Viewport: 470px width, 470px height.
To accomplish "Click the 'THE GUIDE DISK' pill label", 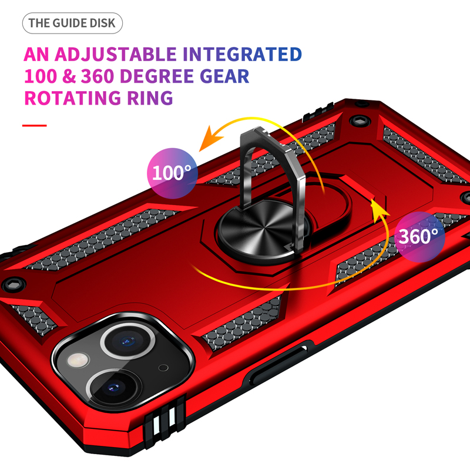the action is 72,23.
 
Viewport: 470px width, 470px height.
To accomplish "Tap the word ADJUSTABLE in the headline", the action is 115,54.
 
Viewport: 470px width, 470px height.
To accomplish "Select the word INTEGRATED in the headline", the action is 242,54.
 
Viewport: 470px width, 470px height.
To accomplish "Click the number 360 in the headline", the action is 98,76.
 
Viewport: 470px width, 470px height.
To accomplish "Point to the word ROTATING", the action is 73,98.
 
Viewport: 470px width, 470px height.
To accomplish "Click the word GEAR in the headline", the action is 224,76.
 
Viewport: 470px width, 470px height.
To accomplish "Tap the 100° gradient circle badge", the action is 172,173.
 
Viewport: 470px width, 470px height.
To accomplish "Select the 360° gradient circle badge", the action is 419,237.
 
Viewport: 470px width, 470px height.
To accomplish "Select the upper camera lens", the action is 127,341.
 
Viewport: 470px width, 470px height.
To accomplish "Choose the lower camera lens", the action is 115,389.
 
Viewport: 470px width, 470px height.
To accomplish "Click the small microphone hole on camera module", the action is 163,368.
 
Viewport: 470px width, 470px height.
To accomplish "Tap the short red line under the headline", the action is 35,125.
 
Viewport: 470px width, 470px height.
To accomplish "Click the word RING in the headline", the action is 150,98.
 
